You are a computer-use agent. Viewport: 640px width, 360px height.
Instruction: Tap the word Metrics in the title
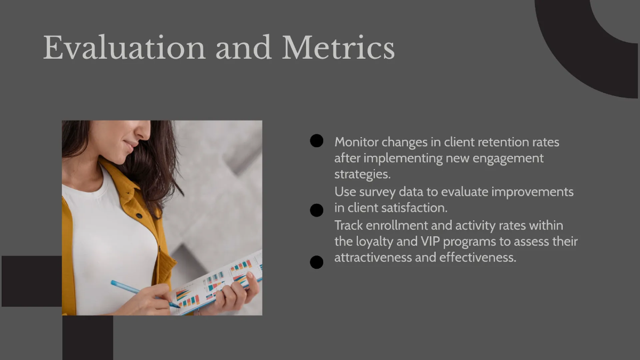click(x=338, y=48)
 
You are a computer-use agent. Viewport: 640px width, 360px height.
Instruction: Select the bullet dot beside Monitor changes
click(x=317, y=141)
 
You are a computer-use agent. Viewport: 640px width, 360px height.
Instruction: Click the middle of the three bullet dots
click(x=317, y=210)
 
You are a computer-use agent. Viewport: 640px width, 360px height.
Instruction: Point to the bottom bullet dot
click(x=317, y=262)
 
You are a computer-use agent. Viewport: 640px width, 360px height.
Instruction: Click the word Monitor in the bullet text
click(x=356, y=142)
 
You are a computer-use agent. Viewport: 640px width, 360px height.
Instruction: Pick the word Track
click(x=349, y=226)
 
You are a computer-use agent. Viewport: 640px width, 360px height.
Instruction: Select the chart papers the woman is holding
click(x=224, y=283)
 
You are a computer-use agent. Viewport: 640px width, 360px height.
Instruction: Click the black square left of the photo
click(x=31, y=281)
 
